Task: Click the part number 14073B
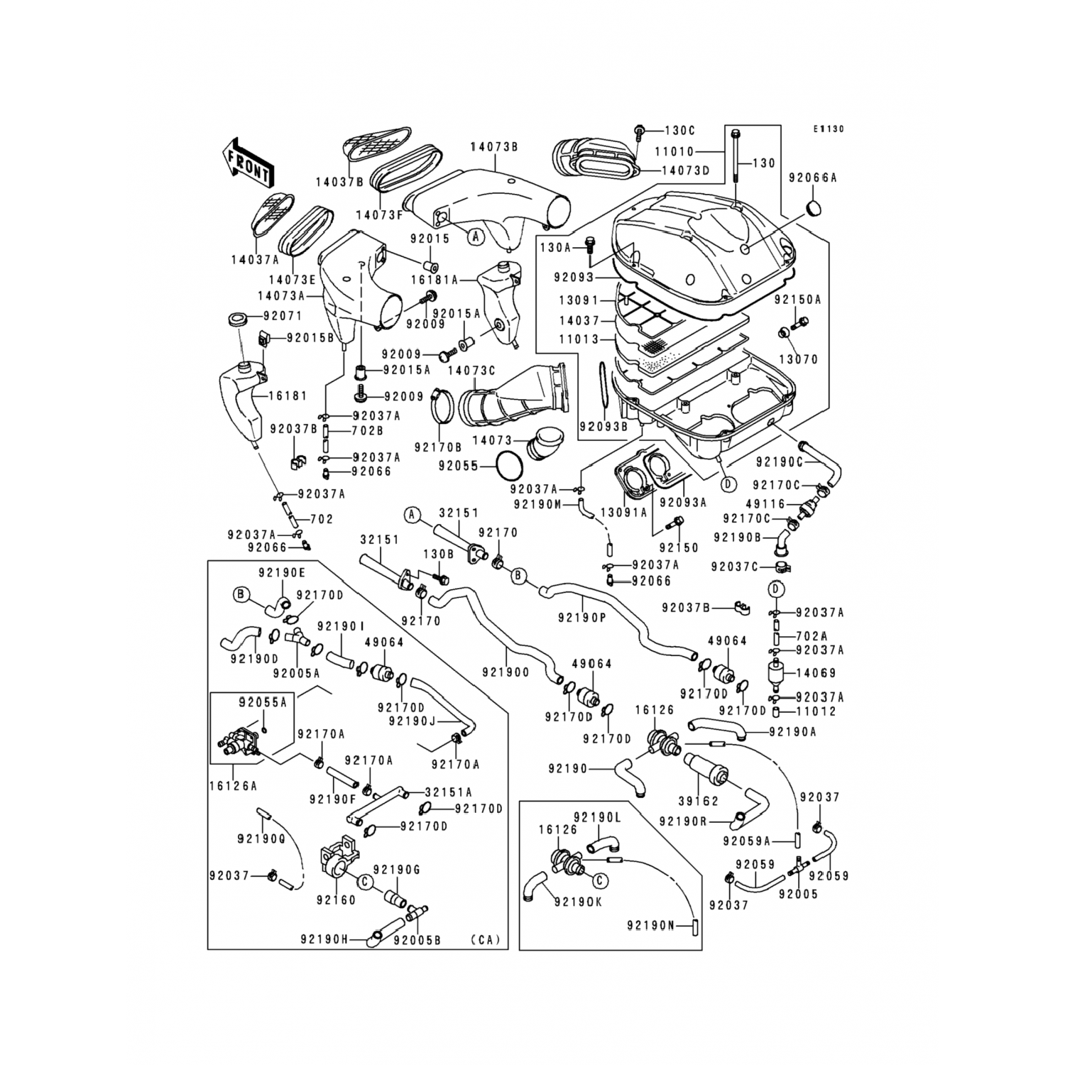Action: pos(493,147)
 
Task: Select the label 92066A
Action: pos(813,178)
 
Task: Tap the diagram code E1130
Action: pos(829,129)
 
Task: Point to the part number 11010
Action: pos(674,152)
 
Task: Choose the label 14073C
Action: pos(471,371)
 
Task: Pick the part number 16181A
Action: pos(435,280)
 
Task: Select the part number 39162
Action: pos(697,801)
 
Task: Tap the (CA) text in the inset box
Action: pos(485,939)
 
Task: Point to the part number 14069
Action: pos(816,673)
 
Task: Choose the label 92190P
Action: pos(581,618)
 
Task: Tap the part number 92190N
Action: pos(650,925)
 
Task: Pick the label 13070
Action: pos(799,359)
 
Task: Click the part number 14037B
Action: pos(339,182)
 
